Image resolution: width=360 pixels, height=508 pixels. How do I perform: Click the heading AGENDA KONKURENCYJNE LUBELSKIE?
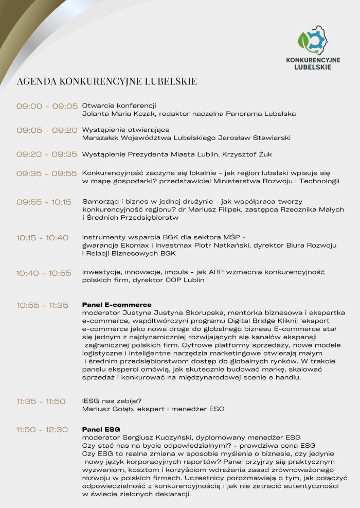106,81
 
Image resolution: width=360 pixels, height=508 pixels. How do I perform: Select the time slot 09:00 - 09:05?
47,107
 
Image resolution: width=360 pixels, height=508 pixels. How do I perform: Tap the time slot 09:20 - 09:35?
47,154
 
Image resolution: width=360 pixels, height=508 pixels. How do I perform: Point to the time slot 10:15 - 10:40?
42,238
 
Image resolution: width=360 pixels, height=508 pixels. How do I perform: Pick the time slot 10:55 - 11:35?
42,305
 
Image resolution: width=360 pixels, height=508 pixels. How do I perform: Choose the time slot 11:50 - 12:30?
42,430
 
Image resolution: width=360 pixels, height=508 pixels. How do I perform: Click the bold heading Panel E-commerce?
117,305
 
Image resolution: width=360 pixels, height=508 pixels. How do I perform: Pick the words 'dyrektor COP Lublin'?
172,280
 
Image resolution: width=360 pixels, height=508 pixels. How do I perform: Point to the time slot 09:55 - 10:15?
44,202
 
